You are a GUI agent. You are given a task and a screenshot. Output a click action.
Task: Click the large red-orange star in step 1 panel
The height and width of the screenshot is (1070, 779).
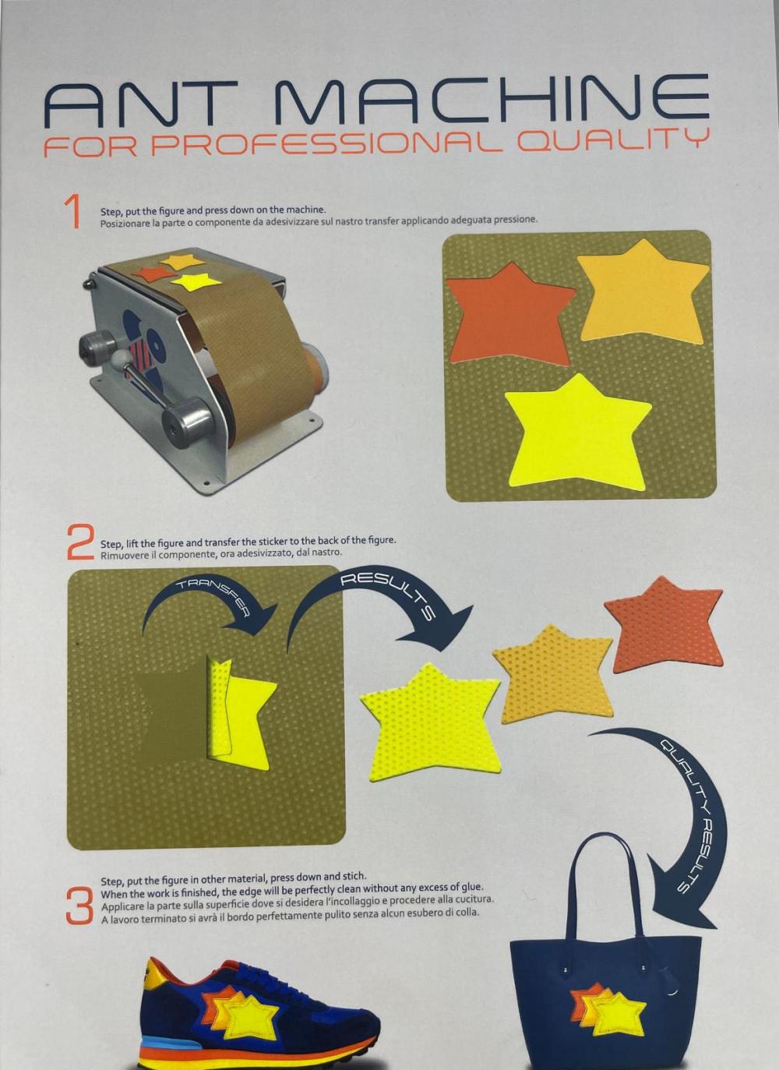(509, 316)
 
